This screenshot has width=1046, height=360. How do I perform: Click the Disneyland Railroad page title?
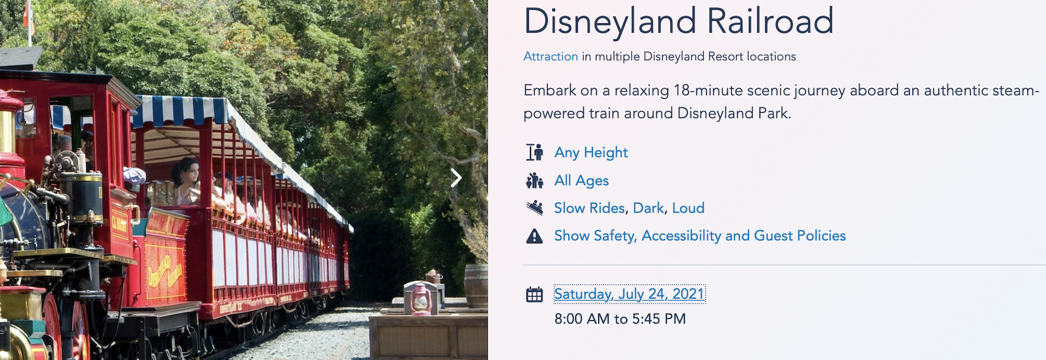click(679, 22)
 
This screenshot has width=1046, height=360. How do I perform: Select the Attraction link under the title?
click(551, 56)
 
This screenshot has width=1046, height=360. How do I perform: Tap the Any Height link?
click(591, 153)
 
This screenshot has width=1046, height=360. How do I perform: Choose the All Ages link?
click(582, 181)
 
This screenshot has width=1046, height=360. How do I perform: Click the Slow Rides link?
click(590, 208)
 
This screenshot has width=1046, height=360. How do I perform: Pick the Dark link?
click(649, 208)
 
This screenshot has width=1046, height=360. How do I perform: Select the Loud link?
click(688, 208)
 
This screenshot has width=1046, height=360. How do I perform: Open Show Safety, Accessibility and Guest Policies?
click(700, 236)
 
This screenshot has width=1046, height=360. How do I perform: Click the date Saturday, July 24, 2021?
click(630, 294)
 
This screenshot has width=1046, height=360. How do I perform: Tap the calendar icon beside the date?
click(534, 294)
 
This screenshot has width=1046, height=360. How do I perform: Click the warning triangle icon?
click(534, 236)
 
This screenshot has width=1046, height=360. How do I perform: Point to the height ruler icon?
click(534, 152)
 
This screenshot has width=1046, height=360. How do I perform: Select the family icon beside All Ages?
click(534, 181)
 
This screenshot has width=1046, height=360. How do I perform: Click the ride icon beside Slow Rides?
click(534, 208)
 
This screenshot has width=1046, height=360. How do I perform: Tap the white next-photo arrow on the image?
click(456, 178)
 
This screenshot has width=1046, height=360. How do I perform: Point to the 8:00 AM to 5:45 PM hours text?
click(620, 319)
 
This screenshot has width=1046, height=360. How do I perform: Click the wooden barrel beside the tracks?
click(476, 286)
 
